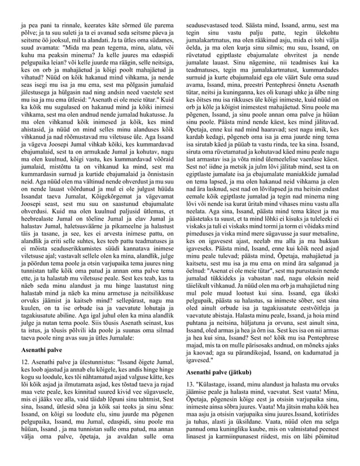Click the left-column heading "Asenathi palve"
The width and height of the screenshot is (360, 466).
[40, 350]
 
